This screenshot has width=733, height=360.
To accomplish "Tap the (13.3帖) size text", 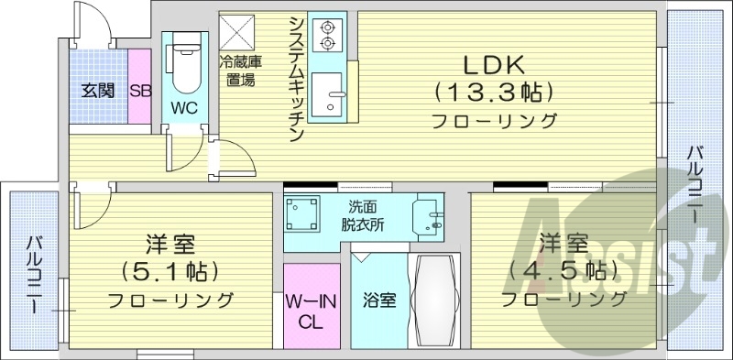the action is pyautogui.click(x=492, y=93).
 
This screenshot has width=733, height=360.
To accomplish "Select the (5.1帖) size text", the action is pyautogui.click(x=170, y=271).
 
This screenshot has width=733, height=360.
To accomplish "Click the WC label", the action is pyautogui.click(x=184, y=107).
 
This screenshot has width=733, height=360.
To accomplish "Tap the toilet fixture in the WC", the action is pyautogui.click(x=184, y=66).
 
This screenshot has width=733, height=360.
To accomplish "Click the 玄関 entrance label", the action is pyautogui.click(x=97, y=90).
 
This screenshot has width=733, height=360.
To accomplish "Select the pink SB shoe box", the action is pyautogui.click(x=139, y=90).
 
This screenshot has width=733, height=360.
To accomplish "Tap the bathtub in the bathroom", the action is pyautogui.click(x=436, y=299).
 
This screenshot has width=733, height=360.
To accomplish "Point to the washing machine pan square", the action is pyautogui.click(x=302, y=216).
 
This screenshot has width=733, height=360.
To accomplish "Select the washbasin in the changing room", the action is pyautogui.click(x=428, y=216).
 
